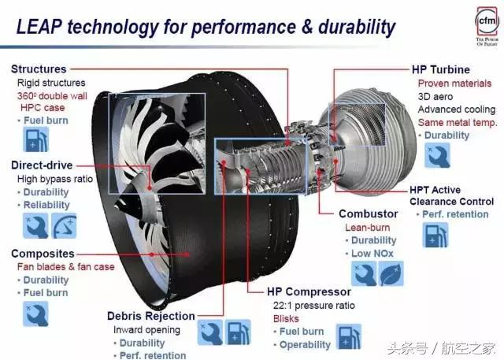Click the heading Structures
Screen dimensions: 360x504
coord(39,69)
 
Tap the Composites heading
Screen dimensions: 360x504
coord(43,254)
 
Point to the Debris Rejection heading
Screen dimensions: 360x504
coord(151,316)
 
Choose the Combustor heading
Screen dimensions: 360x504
coord(368,213)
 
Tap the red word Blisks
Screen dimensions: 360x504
coord(285,319)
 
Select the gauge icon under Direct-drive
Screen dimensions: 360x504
coord(64,228)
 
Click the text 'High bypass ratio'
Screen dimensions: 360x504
coord(55,179)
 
